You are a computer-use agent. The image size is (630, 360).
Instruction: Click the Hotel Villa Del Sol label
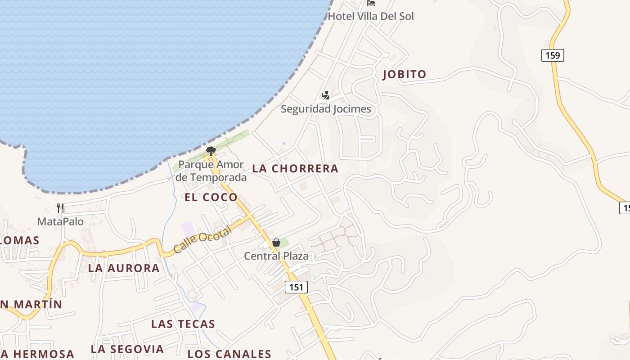(x=370, y=16)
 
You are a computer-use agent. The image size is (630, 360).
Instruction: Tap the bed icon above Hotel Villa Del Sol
(x=371, y=3)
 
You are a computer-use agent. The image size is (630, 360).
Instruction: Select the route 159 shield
(x=552, y=55)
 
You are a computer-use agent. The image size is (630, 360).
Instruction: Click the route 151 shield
(x=296, y=287)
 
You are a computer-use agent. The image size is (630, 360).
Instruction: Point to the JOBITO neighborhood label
(x=404, y=74)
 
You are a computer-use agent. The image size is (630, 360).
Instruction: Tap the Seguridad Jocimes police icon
(x=325, y=95)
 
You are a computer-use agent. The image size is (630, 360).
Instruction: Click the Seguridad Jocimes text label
(x=326, y=109)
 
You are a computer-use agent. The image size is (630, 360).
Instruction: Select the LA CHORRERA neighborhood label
(x=295, y=169)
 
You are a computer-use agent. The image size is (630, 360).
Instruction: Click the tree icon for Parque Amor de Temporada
(x=210, y=151)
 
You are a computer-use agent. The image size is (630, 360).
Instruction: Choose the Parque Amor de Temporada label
(x=211, y=171)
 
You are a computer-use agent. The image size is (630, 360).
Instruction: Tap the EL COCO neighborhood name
(x=211, y=197)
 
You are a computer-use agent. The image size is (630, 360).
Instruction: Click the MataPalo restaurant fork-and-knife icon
(x=60, y=208)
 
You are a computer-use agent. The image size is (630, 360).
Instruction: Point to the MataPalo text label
(x=60, y=221)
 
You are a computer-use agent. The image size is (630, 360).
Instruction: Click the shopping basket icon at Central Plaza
(x=276, y=243)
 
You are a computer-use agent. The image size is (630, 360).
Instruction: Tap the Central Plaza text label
(x=276, y=256)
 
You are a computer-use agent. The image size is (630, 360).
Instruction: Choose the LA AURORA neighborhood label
(x=124, y=268)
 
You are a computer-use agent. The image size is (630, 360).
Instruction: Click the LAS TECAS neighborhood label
(x=183, y=324)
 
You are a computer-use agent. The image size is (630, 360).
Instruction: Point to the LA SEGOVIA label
(x=127, y=349)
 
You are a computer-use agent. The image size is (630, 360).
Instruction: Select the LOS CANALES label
(x=229, y=354)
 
